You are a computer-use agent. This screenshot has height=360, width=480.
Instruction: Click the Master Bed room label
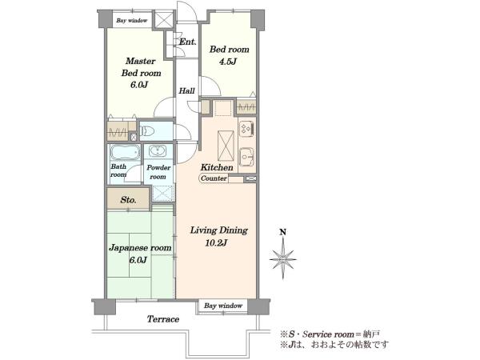[x=141, y=67]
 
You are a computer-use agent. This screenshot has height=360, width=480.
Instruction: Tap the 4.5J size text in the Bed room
[x=228, y=62]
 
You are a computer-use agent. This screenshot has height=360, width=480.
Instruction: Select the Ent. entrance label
[x=187, y=42]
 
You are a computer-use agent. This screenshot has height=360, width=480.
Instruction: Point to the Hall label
[x=186, y=90]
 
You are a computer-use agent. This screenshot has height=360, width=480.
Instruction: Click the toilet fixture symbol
[x=147, y=131]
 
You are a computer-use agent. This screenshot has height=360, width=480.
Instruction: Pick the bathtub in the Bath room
[x=125, y=152]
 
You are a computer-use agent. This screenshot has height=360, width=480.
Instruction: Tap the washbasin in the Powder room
[x=158, y=151]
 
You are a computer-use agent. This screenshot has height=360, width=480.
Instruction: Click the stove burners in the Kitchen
[x=246, y=128]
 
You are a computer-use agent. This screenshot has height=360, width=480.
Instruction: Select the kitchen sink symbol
[x=246, y=157]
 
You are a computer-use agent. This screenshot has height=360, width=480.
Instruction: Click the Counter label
[x=214, y=178]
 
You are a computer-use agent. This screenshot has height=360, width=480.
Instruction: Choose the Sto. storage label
[x=128, y=200]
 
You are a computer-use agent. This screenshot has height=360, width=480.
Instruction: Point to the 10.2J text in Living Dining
[x=216, y=243]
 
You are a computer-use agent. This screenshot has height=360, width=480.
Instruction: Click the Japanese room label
[x=140, y=248]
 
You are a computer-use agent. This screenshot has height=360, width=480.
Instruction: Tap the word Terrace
[x=163, y=319]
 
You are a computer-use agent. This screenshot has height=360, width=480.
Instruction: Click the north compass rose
[x=283, y=258]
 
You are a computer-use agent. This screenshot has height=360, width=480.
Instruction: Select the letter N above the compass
[x=283, y=232]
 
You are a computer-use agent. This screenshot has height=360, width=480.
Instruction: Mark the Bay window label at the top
[x=132, y=21]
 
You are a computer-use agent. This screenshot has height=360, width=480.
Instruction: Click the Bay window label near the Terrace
[x=223, y=306]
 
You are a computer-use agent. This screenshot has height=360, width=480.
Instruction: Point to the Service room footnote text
[x=330, y=334]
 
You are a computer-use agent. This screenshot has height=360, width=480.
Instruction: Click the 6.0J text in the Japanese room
[x=138, y=260]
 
